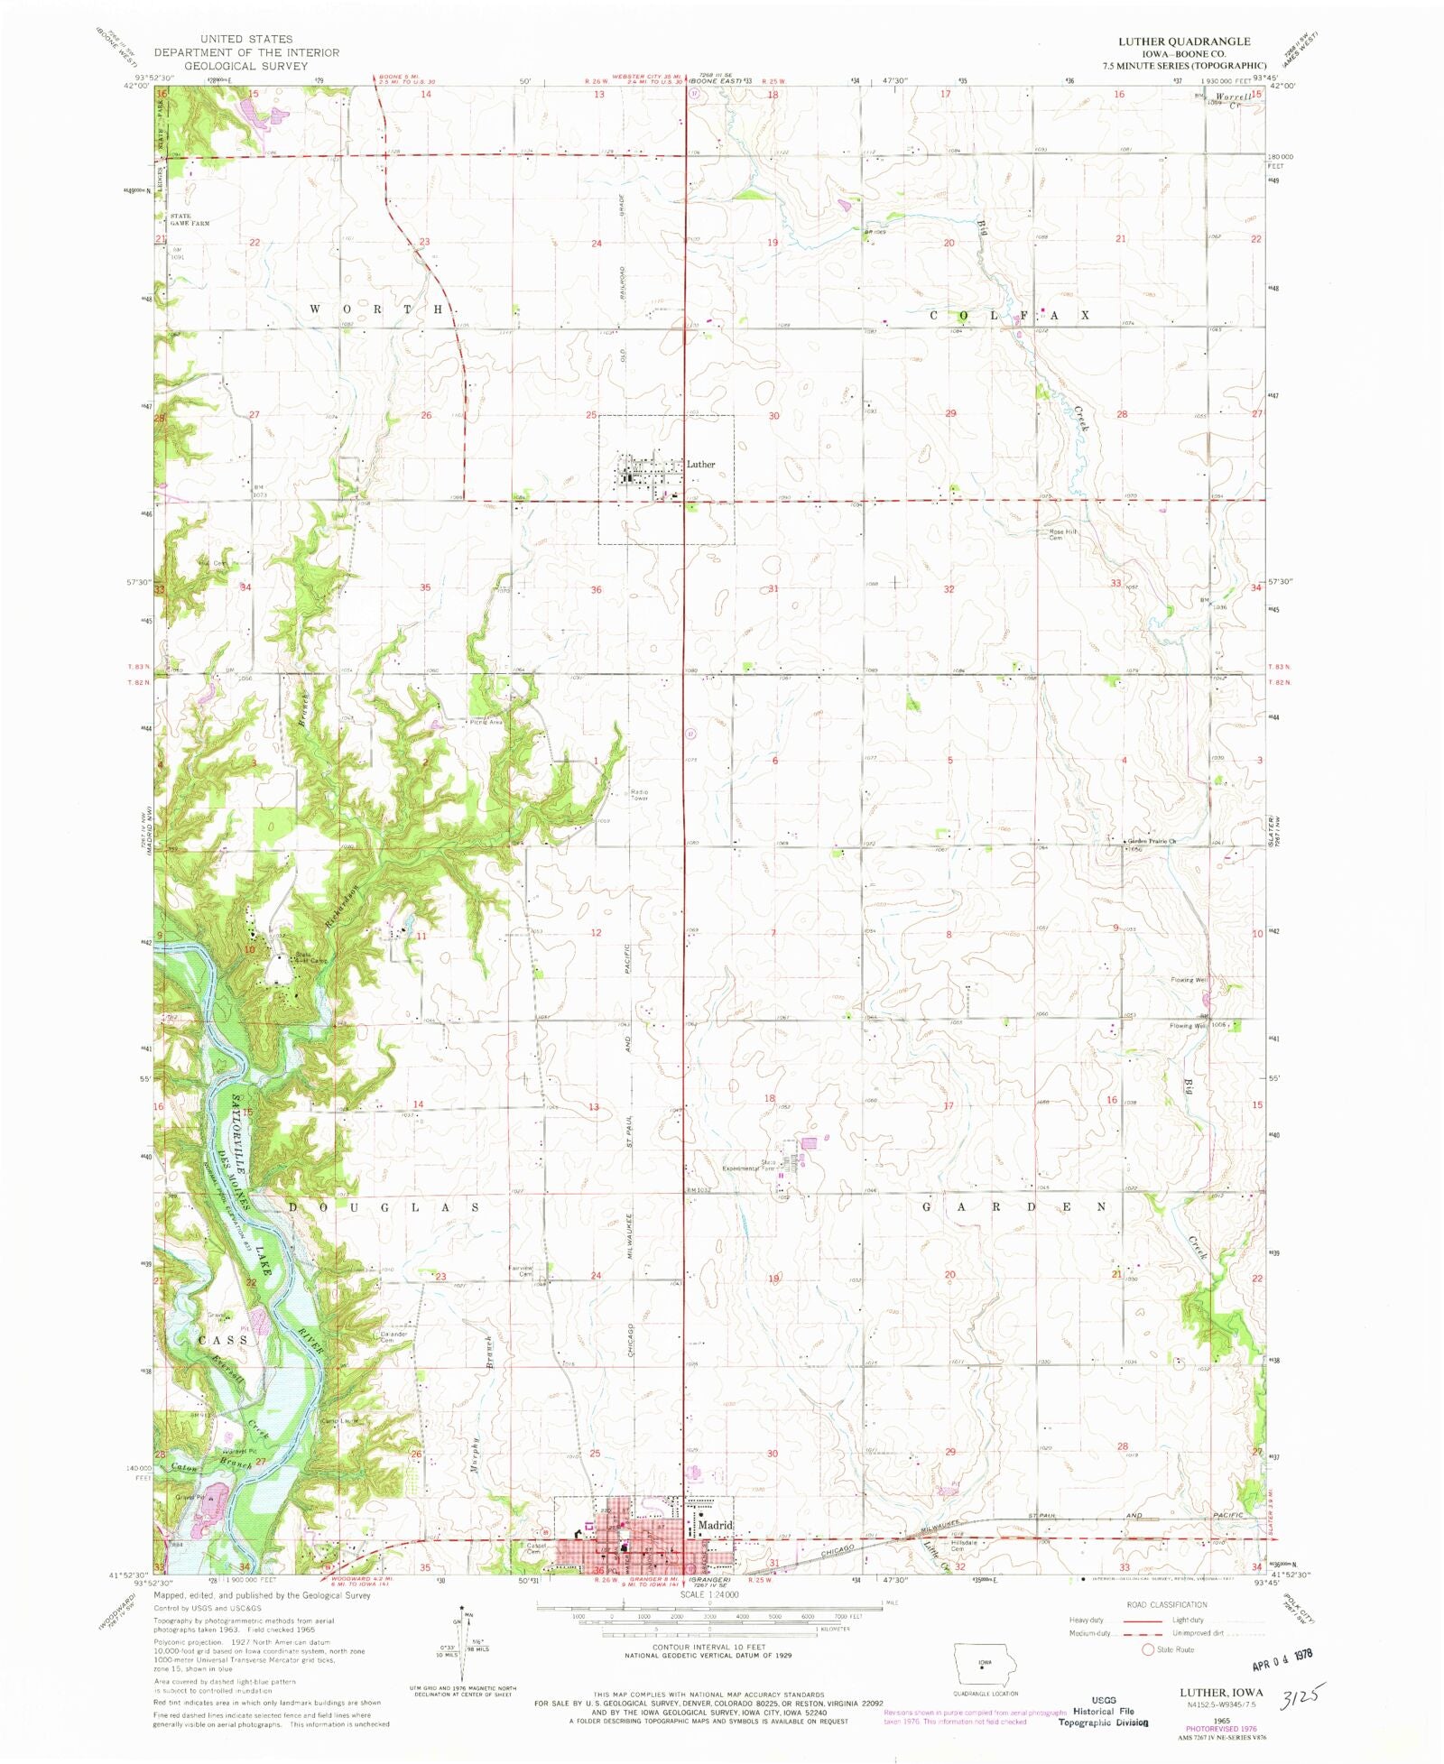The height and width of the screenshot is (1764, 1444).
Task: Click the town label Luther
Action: [x=700, y=465]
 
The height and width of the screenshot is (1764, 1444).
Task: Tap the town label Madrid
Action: [x=716, y=1525]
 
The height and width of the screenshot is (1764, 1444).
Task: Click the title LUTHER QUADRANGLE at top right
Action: [x=1184, y=42]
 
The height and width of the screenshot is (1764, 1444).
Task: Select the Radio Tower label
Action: [x=640, y=795]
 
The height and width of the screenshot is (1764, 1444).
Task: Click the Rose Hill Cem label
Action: [x=1062, y=534]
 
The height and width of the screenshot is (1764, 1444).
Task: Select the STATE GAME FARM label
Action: [x=190, y=219]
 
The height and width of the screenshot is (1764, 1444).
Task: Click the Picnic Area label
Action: [x=486, y=722]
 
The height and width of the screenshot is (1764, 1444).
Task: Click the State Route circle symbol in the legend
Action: [x=1148, y=1649]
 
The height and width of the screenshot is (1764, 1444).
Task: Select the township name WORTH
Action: [x=376, y=309]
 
